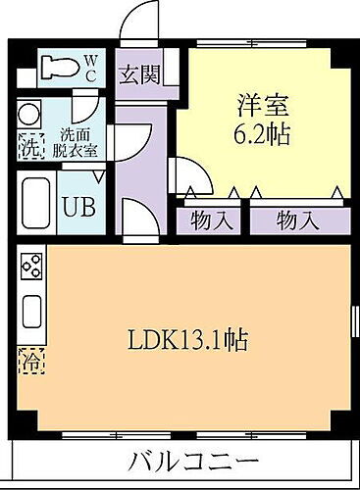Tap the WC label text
click(89, 68)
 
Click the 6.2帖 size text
click(263, 132)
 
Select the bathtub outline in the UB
click(36, 203)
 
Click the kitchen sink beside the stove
click(31, 313)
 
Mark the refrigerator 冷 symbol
click(31, 361)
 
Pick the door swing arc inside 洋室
click(189, 176)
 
